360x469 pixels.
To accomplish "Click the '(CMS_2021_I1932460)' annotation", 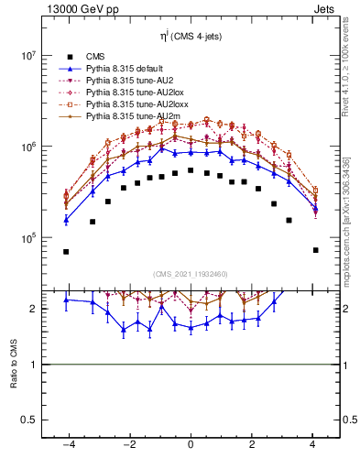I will [190, 274].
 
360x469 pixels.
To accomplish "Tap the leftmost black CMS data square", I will [66, 251].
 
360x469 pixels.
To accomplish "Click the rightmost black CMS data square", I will [315, 250].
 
